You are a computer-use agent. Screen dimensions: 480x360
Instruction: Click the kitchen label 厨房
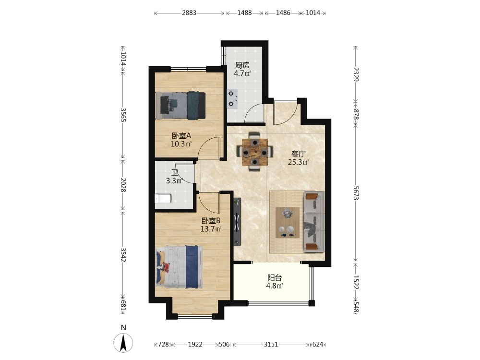tap(242, 65)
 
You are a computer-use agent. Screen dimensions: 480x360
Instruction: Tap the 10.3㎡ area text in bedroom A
tap(181, 144)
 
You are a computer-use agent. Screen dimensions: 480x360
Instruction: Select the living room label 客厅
tap(299, 154)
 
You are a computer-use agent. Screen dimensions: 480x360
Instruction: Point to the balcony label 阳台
tap(275, 278)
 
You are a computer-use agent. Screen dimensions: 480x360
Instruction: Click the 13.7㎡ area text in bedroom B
tap(211, 228)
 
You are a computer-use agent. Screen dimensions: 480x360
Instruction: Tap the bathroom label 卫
tap(175, 173)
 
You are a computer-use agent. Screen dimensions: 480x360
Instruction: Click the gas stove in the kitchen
tap(232, 98)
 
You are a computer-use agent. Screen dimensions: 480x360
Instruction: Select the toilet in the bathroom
tap(163, 199)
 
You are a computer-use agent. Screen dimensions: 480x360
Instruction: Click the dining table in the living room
tap(255, 152)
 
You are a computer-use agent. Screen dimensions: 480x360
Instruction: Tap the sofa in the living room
tap(314, 222)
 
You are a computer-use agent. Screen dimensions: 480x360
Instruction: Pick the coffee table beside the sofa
tap(288, 223)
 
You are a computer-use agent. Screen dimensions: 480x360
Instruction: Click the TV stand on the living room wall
tap(237, 222)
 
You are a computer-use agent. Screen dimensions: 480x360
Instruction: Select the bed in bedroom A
tap(180, 106)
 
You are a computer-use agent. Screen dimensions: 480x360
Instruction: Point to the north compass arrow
tap(123, 342)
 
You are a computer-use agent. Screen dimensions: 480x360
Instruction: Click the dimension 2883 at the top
tap(189, 13)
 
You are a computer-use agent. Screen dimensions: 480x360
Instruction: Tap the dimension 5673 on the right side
tap(356, 193)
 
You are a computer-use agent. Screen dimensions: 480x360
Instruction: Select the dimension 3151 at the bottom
tap(271, 344)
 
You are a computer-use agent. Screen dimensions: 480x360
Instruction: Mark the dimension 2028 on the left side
tap(123, 185)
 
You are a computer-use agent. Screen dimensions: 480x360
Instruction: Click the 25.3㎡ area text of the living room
tap(298, 162)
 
